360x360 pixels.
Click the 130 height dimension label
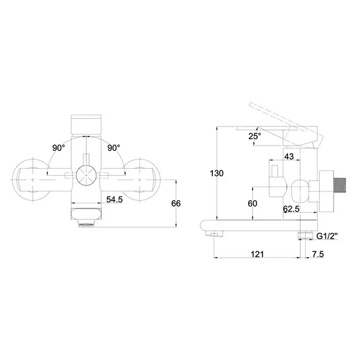click(217, 173)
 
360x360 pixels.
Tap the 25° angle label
click(255, 136)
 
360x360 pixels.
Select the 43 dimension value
click(289, 157)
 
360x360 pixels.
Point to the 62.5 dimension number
click(291, 209)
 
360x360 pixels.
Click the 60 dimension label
click(253, 203)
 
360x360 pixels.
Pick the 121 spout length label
click(257, 254)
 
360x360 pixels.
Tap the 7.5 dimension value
click(318, 254)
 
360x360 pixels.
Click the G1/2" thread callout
click(327, 236)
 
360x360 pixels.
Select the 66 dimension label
click(176, 203)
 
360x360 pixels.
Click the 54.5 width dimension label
click(114, 200)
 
